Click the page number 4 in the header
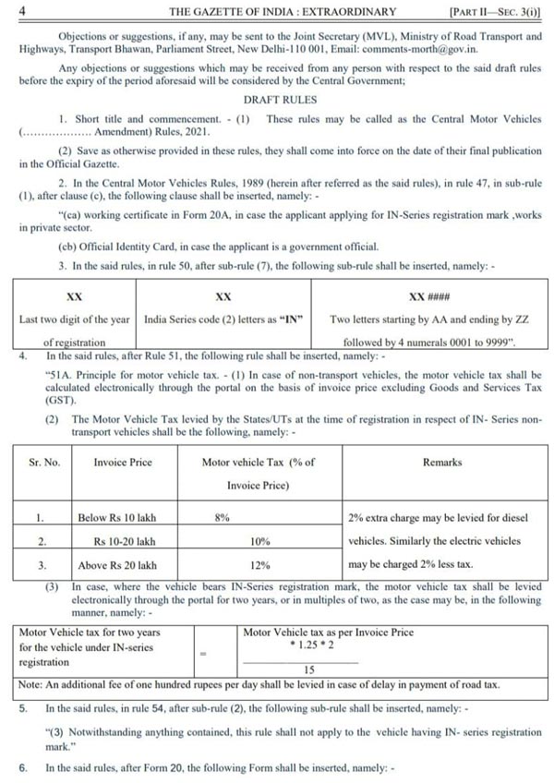click(21, 11)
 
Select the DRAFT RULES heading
click(280, 100)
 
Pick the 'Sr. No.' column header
click(44, 461)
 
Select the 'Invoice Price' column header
click(123, 461)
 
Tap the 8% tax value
click(222, 519)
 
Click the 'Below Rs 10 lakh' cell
click(117, 519)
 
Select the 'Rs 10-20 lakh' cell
click(124, 542)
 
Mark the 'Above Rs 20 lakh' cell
click(118, 565)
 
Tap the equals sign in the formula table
click(204, 652)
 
